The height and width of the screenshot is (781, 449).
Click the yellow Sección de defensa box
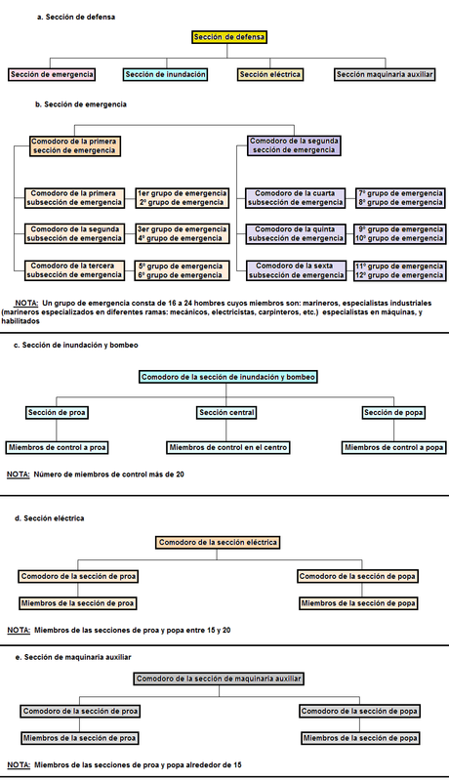tap(229, 37)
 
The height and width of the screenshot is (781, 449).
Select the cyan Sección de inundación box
tap(166, 74)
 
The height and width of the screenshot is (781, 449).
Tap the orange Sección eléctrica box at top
tap(270, 74)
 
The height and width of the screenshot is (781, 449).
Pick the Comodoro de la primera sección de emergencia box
tap(73, 145)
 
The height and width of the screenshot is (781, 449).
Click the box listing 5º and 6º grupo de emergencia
tap(183, 269)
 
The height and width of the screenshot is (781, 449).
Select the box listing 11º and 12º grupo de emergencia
tap(400, 269)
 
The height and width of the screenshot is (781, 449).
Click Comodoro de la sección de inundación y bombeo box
tap(228, 377)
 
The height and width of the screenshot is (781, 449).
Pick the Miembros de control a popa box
tap(388, 447)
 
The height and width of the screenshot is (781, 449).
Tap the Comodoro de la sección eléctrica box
tap(218, 542)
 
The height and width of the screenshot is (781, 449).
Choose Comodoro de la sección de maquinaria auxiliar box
tap(219, 678)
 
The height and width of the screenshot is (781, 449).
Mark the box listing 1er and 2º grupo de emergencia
tap(183, 198)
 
